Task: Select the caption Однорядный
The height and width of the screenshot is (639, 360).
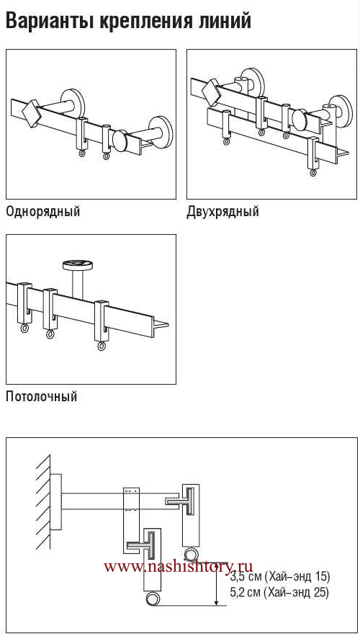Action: tap(42, 213)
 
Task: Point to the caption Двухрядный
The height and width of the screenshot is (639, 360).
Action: tap(222, 213)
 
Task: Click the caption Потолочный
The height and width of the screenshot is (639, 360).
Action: tap(41, 396)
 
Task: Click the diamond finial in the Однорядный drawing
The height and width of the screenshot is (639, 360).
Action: tap(30, 113)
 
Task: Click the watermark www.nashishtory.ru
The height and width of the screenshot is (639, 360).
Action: tap(178, 566)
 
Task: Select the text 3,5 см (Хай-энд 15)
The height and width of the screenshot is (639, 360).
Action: tap(280, 577)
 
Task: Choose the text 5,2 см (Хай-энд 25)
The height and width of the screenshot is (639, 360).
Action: tap(280, 592)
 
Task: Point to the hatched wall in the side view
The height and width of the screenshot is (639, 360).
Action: tap(43, 503)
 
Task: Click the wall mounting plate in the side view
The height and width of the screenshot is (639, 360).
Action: tap(55, 501)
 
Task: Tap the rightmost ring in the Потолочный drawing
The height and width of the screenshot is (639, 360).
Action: tap(101, 346)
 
